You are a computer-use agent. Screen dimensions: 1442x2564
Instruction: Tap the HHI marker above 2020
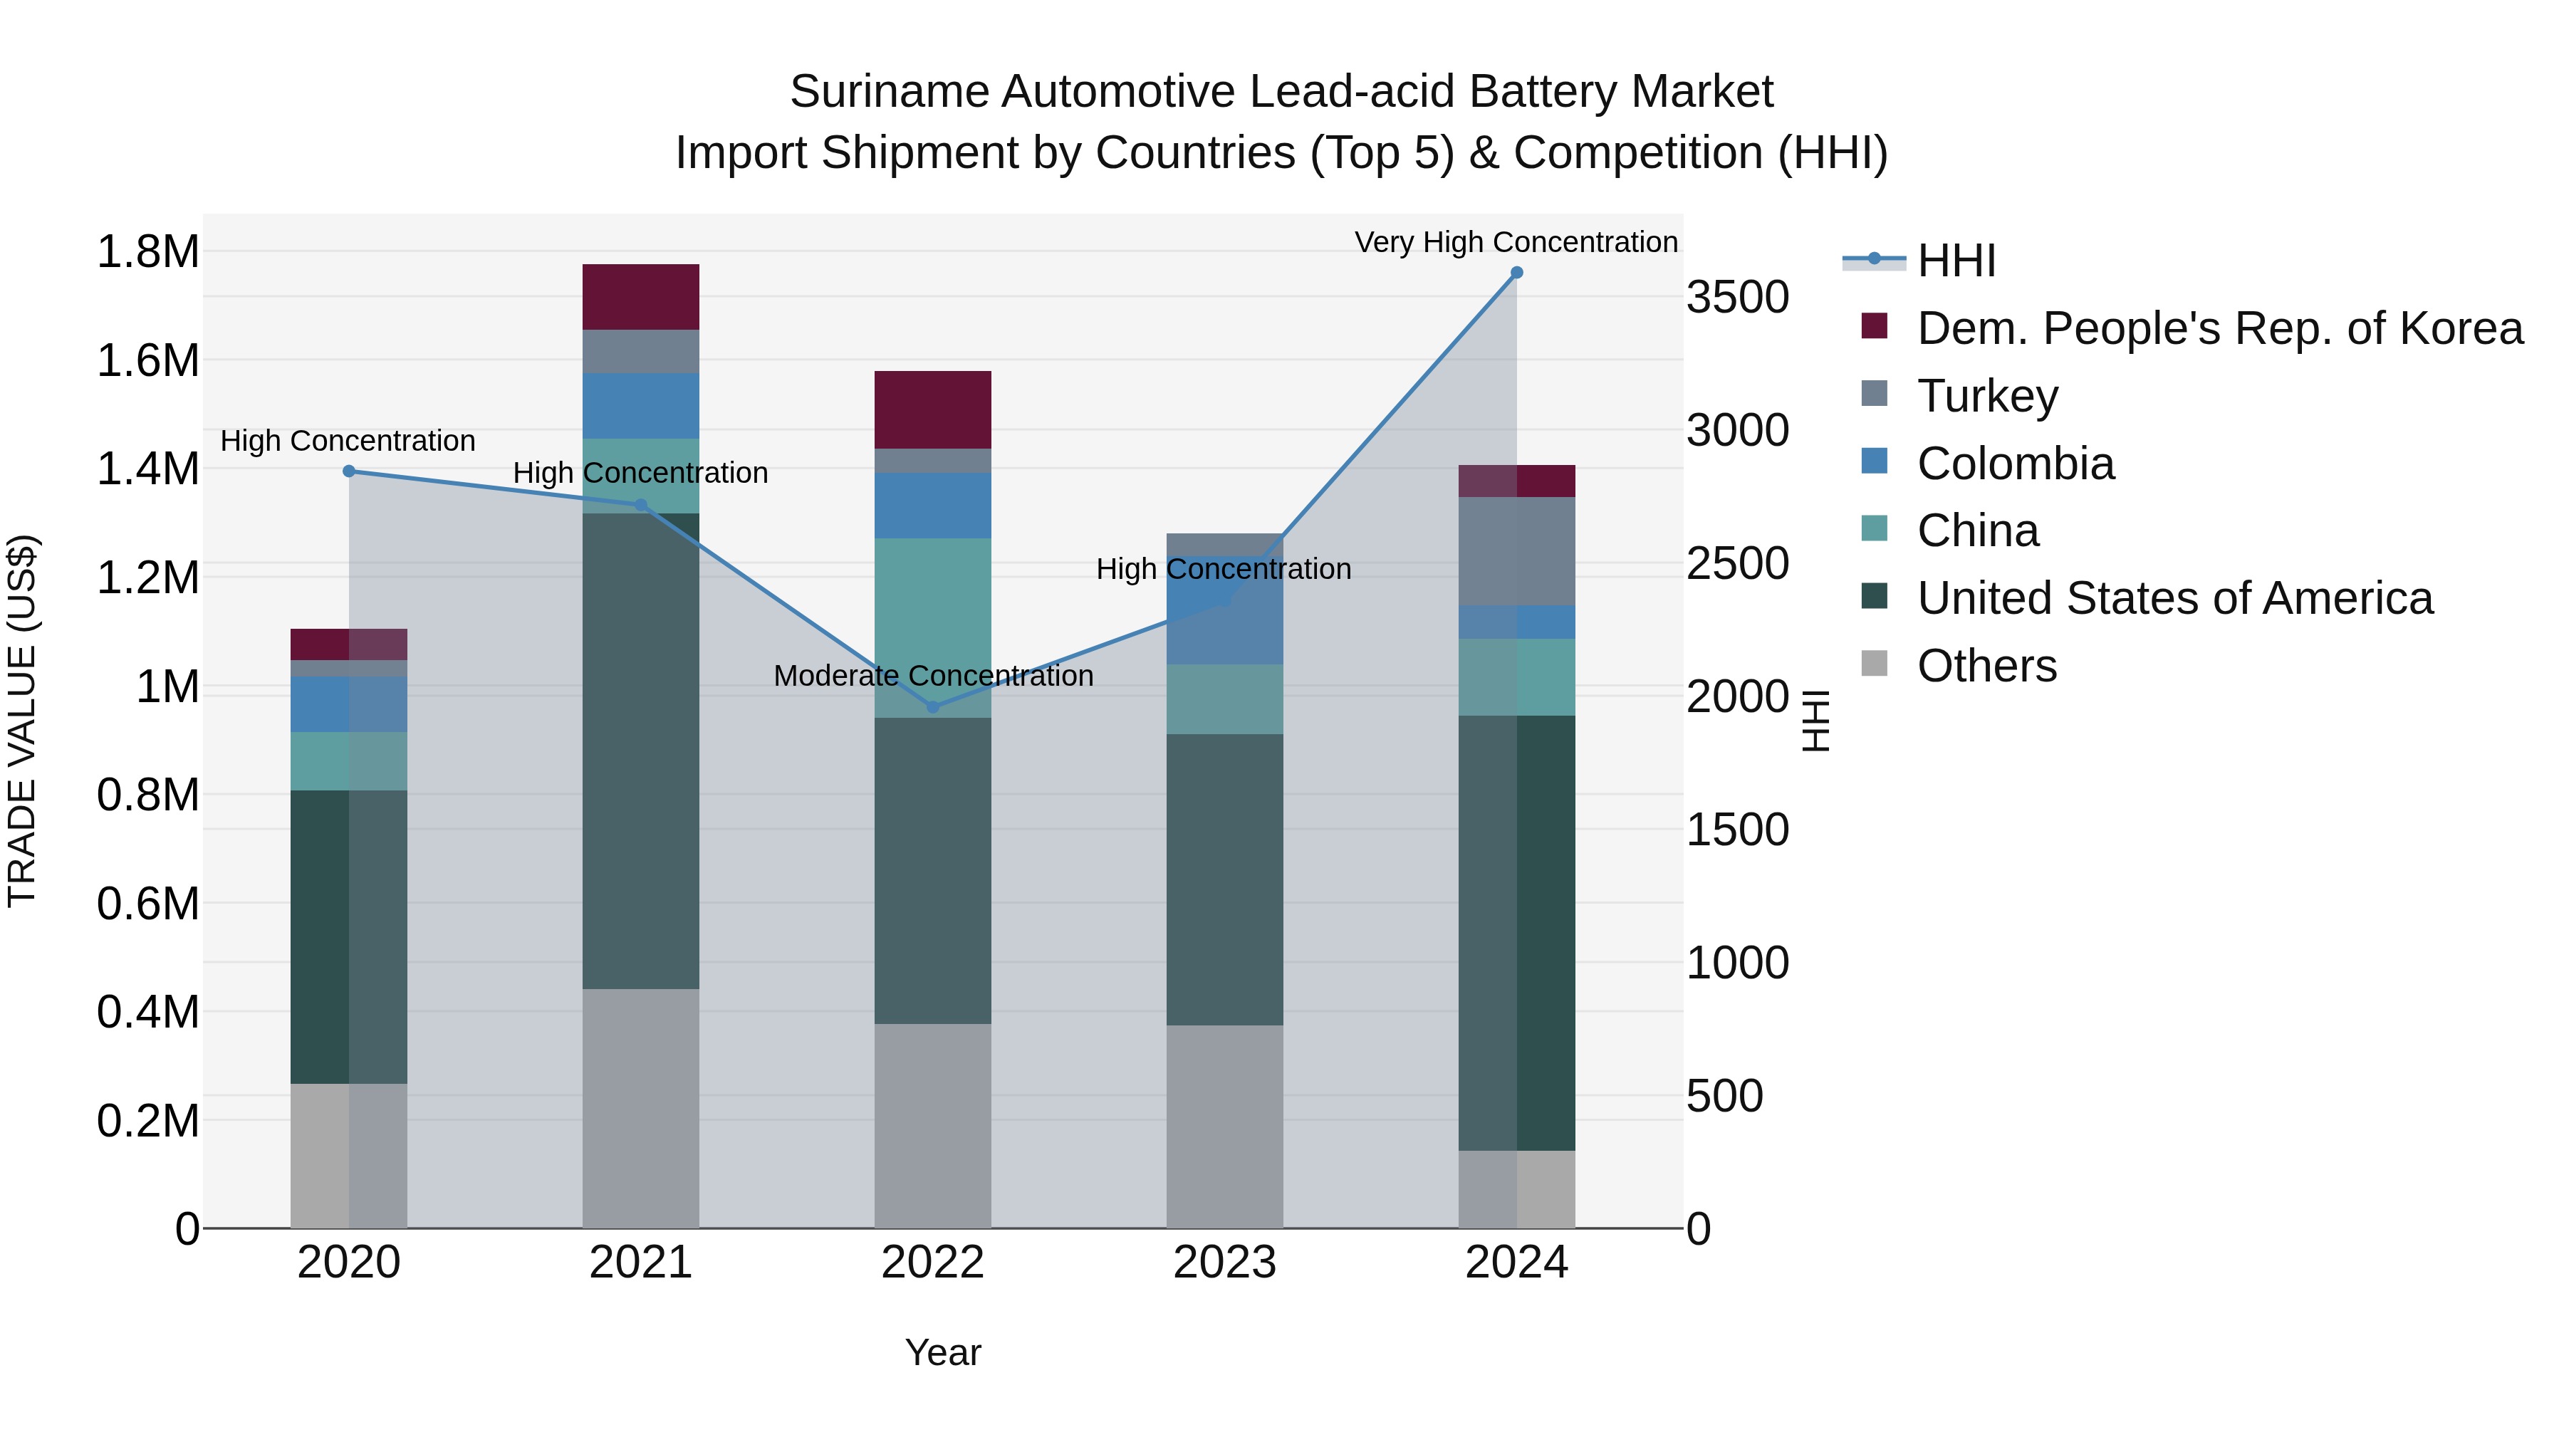(348, 471)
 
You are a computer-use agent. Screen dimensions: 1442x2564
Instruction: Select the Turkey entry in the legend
(1986, 396)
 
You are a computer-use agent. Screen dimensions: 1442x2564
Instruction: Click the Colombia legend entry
(2015, 464)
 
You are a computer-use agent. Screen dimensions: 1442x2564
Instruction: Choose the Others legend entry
(1986, 666)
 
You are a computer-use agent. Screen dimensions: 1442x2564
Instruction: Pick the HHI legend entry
(1955, 261)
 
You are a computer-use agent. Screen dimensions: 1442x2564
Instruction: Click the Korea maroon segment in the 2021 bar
(640, 296)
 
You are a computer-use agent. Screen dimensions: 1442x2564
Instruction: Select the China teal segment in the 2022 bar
(932, 627)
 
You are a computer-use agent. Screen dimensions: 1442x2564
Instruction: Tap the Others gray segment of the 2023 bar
(1224, 1126)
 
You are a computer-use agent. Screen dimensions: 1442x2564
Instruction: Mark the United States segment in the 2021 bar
(640, 751)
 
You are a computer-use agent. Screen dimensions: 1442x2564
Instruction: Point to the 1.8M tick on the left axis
(147, 252)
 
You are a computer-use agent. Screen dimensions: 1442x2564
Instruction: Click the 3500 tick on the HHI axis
(1737, 298)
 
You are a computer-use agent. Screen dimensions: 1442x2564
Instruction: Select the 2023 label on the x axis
(1224, 1263)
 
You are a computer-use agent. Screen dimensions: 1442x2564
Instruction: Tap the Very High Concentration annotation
(1515, 242)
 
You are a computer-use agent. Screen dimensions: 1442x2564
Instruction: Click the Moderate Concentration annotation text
(932, 676)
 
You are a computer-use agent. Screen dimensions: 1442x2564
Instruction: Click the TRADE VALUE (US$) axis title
(22, 721)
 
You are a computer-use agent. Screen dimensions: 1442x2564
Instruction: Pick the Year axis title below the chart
(942, 1352)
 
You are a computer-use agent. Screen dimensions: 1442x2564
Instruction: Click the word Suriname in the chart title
(888, 92)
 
